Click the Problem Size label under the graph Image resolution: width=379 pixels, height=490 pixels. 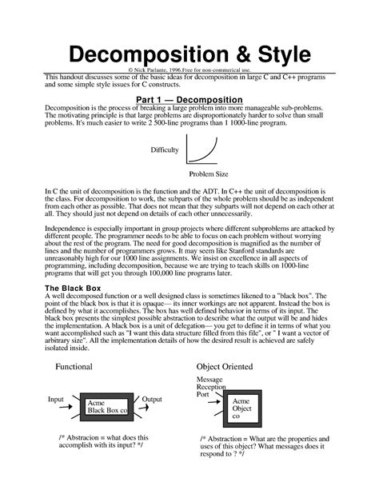209,173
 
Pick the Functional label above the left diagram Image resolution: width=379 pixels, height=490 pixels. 74,367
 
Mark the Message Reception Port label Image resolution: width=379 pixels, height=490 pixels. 211,386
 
